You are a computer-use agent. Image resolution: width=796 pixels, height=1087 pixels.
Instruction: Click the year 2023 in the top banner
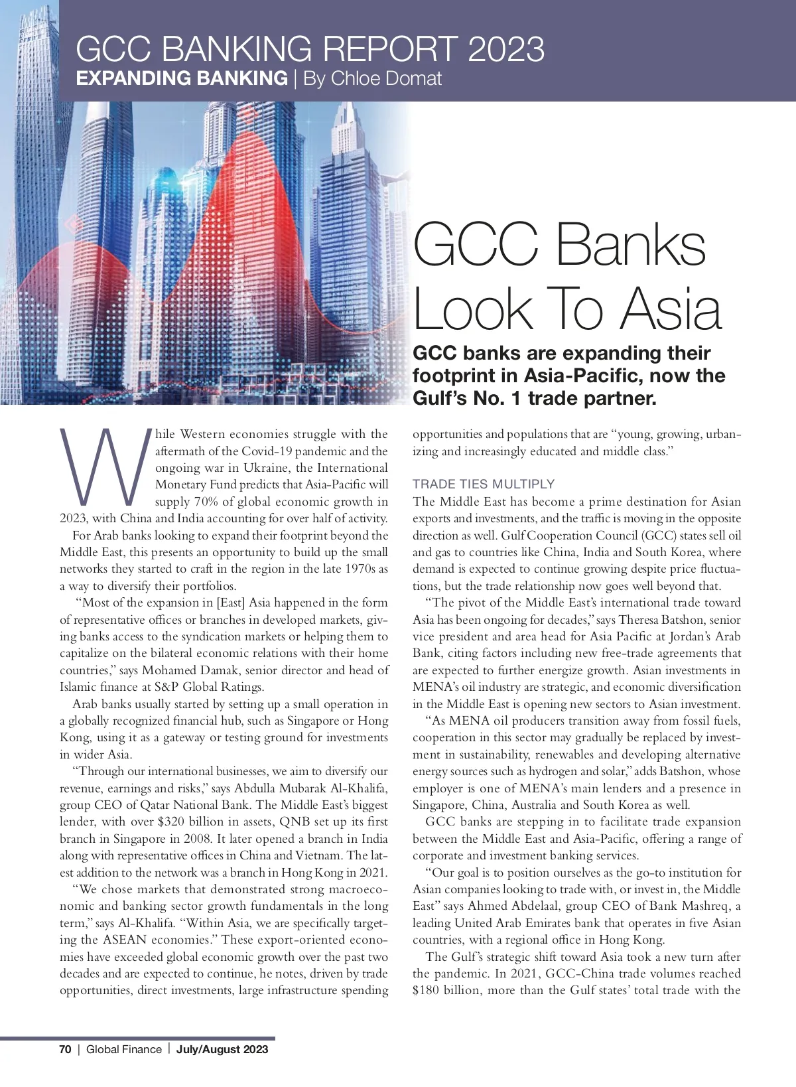point(505,50)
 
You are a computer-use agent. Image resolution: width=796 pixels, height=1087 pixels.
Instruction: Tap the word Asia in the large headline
point(671,309)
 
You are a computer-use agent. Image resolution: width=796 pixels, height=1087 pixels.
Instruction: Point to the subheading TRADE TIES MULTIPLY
point(484,484)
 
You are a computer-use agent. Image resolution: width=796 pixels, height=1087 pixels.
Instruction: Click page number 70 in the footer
point(65,1049)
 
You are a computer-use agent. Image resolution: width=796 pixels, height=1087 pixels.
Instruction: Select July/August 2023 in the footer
point(222,1049)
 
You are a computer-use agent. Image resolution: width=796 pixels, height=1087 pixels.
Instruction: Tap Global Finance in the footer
point(124,1049)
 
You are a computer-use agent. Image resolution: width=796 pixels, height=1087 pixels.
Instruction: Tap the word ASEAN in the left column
point(124,940)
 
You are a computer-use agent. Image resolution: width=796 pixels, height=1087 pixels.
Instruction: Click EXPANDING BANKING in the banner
point(182,78)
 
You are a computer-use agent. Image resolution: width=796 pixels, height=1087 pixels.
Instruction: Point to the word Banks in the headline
point(630,246)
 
